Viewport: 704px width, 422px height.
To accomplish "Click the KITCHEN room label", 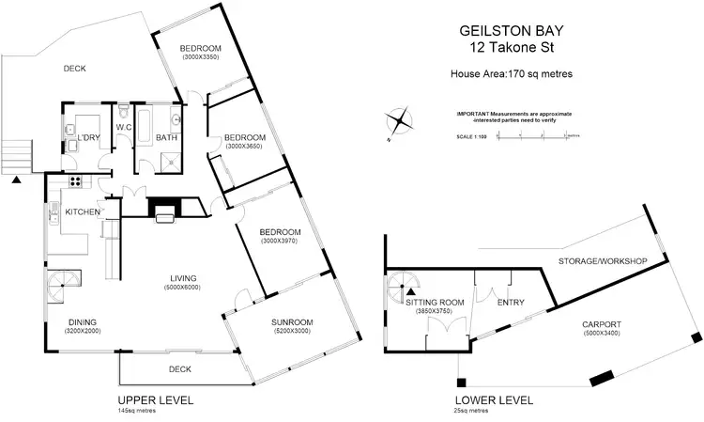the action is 83,212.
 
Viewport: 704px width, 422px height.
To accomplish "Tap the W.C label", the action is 124,127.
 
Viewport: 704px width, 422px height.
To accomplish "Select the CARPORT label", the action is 603,324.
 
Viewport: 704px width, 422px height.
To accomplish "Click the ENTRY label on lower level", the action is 510,302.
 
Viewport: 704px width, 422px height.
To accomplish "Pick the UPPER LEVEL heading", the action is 156,400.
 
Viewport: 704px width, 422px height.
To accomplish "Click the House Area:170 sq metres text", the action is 512,72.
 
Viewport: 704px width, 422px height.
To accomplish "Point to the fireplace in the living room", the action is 167,209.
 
